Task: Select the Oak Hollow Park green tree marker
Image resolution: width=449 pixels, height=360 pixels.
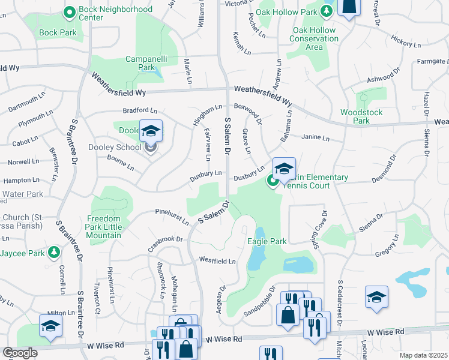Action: point(326,11)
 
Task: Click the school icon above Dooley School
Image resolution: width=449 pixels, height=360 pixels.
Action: point(151,130)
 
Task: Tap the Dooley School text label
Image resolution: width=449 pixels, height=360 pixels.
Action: point(115,146)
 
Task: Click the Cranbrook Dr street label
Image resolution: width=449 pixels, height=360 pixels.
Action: point(165,244)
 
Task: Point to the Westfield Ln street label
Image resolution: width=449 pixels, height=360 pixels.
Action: point(217,262)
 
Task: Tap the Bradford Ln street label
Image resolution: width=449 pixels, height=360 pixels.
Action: point(139,111)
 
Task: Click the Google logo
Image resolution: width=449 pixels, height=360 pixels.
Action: point(20,353)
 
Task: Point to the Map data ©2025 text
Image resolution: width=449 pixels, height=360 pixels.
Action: point(423,355)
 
